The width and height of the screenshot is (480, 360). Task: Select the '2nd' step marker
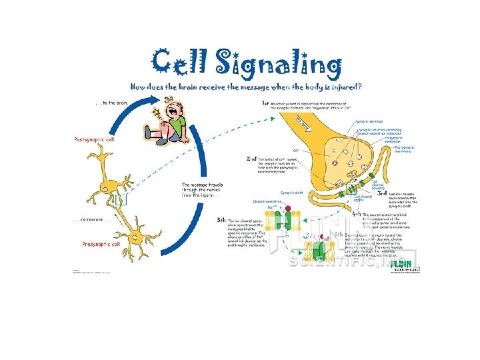pos(252,159)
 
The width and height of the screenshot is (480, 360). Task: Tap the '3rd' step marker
pos(381,193)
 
